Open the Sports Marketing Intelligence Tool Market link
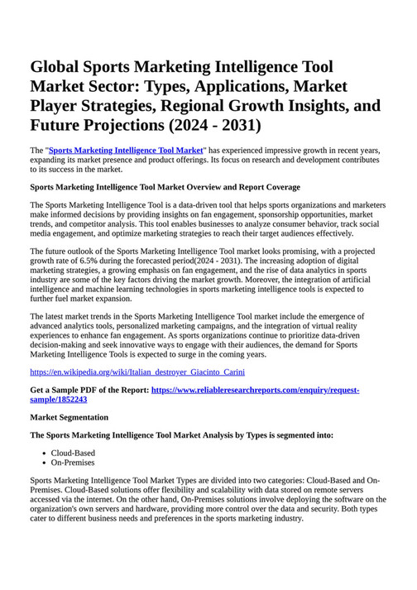tap(126, 150)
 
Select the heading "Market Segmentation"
tap(69, 418)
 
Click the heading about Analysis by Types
tap(181, 435)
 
